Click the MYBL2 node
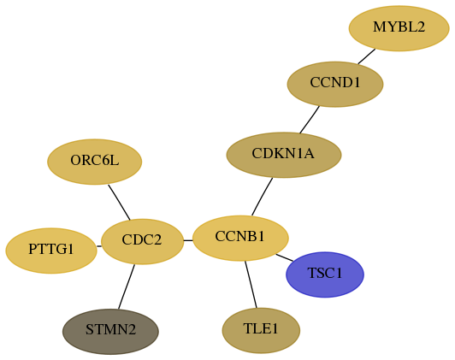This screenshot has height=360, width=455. [399, 28]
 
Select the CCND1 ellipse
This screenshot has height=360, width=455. [335, 84]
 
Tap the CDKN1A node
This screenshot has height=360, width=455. [284, 155]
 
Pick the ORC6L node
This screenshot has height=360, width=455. [95, 162]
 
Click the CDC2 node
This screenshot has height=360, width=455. [142, 242]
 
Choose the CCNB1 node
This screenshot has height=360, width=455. [240, 239]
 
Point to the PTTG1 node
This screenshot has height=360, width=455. [51, 251]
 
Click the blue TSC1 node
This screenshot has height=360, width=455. [325, 274]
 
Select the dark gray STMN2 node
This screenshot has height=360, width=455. [110, 332]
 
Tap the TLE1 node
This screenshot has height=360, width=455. [261, 331]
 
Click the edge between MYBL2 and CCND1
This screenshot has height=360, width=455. [367, 56]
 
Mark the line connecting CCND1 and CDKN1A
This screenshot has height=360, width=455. [310, 120]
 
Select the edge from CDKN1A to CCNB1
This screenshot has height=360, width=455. [262, 197]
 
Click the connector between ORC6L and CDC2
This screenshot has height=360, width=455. [119, 202]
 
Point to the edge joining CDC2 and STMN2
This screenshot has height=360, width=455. [127, 286]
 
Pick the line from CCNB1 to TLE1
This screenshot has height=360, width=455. [251, 284]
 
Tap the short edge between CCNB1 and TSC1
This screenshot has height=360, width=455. [284, 257]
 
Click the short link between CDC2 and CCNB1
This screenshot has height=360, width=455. [188, 240]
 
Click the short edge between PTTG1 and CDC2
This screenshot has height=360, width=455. [99, 246]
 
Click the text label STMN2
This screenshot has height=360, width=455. [110, 330]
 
